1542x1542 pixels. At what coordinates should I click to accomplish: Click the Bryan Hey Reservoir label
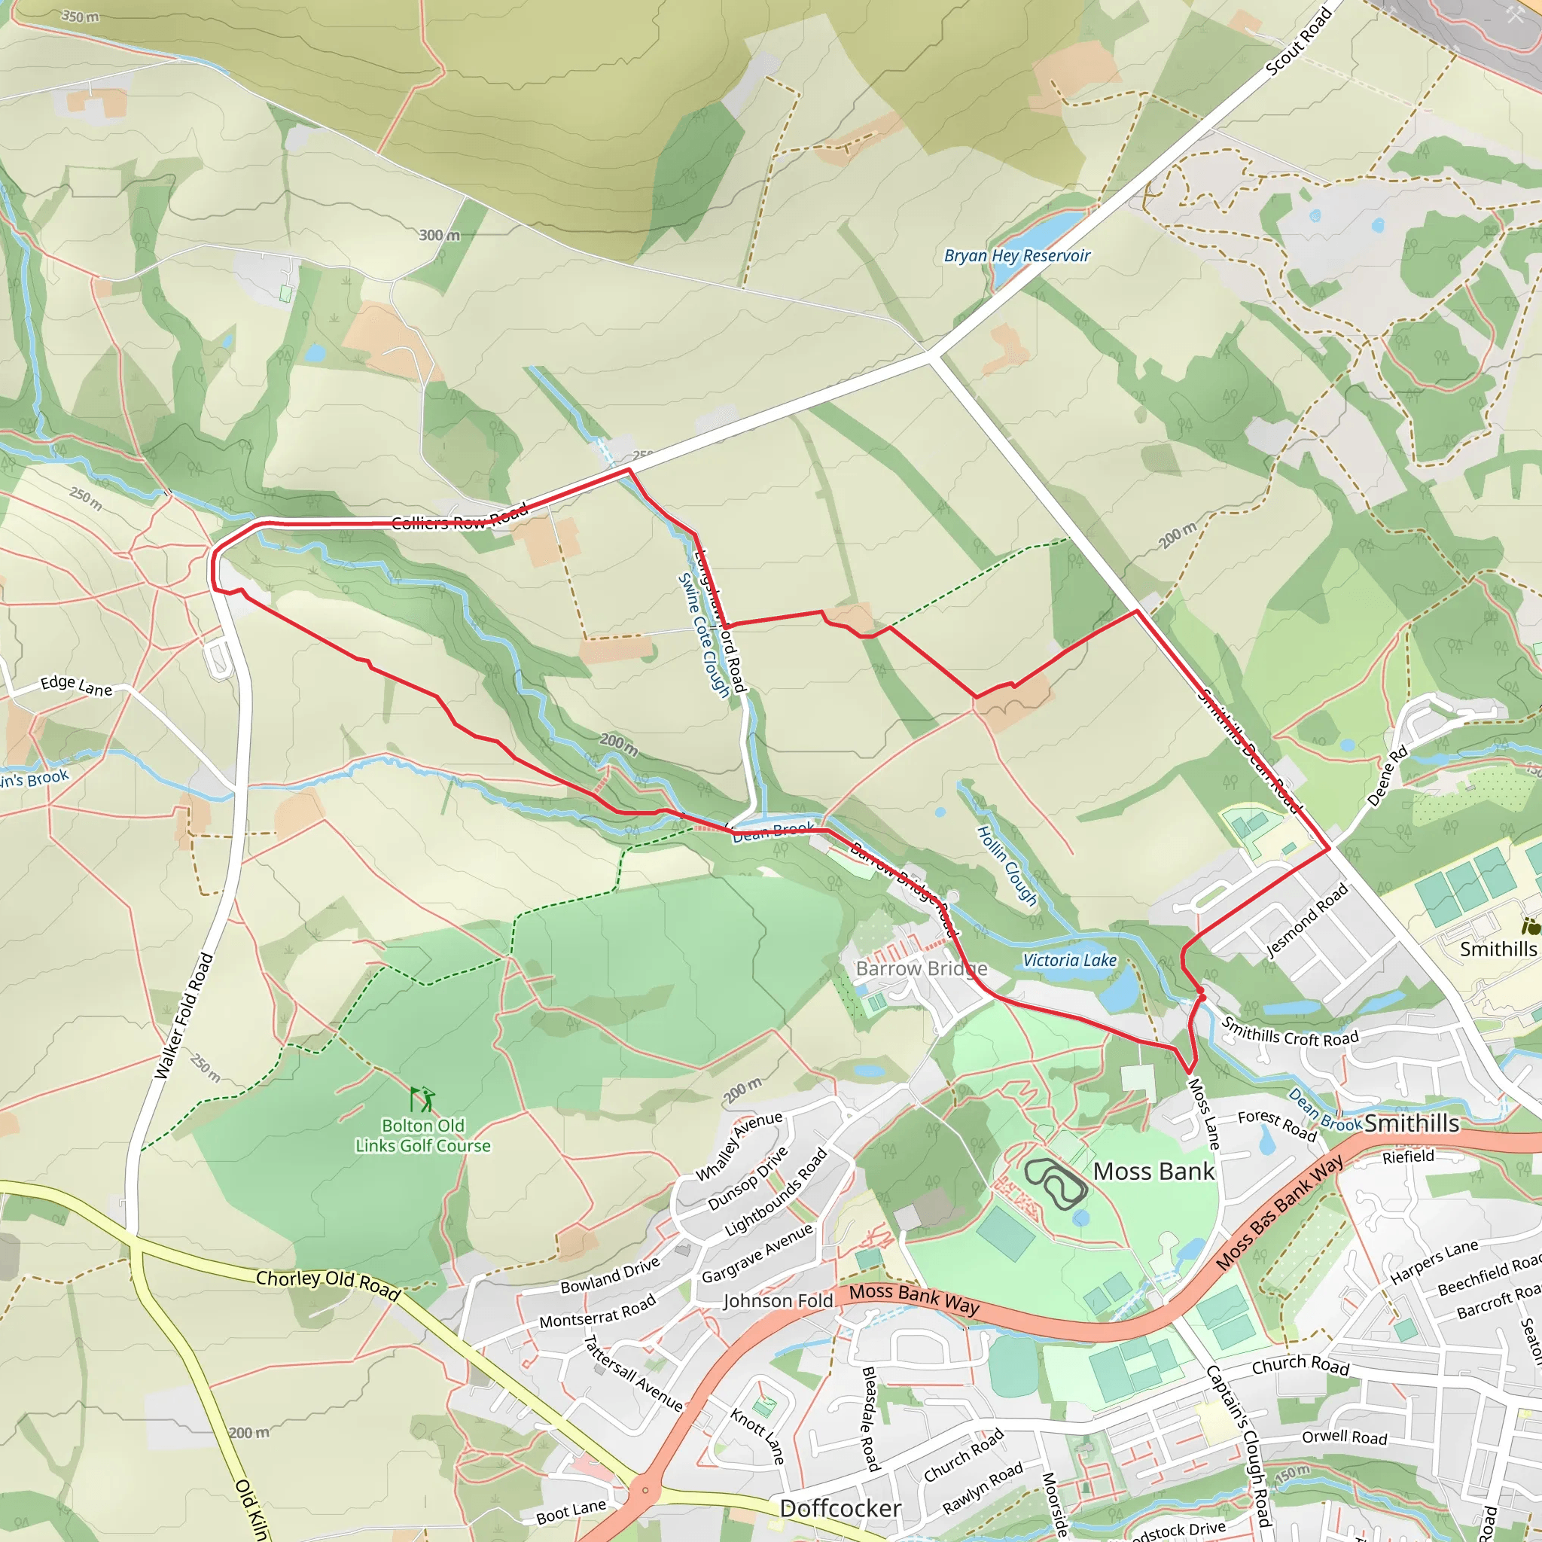coord(1016,256)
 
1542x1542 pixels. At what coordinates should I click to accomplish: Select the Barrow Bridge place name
coord(921,968)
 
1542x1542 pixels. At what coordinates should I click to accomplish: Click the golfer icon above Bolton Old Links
coord(422,1099)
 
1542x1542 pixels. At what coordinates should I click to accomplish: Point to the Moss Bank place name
coord(1153,1171)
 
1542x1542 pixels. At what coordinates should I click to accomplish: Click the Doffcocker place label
coord(840,1507)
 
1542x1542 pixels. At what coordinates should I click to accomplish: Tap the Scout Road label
coord(1299,42)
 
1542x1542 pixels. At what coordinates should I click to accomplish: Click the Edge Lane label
coord(77,685)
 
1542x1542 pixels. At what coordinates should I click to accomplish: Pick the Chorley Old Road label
coord(328,1284)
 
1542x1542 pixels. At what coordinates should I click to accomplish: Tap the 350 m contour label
coord(80,16)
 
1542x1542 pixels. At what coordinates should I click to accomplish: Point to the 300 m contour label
coord(440,236)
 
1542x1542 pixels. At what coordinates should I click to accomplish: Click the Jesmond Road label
coord(1306,921)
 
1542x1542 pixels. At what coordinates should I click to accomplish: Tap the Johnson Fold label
coord(777,1301)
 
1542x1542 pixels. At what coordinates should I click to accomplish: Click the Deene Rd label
coord(1387,776)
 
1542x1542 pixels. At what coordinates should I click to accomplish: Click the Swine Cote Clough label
coord(704,635)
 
